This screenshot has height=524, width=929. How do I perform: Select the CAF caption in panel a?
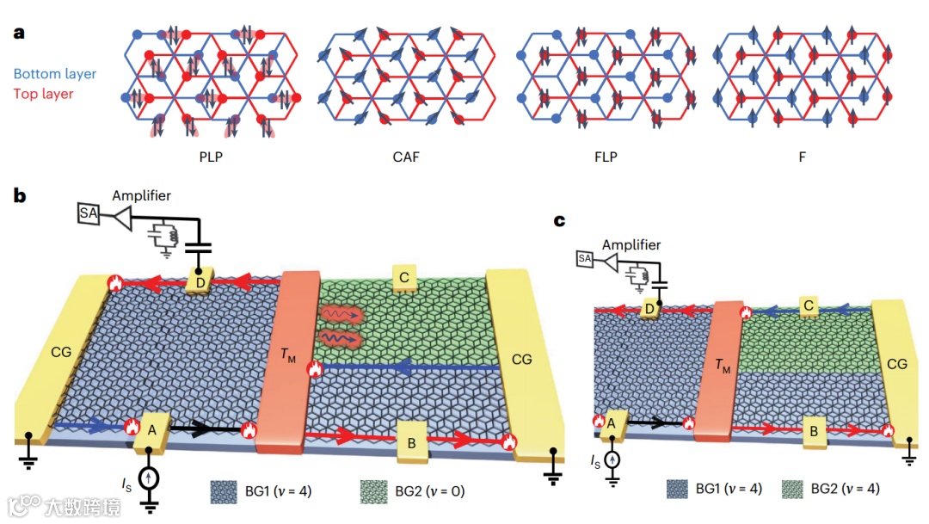point(405,157)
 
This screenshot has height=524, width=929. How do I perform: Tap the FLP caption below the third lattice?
point(606,157)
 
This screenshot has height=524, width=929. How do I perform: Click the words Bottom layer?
point(55,74)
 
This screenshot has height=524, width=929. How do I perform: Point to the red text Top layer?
point(43,94)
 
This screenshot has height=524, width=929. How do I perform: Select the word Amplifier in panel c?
point(631,245)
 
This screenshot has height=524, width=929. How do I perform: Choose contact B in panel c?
point(810,428)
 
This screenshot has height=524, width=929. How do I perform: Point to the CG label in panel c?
point(896,364)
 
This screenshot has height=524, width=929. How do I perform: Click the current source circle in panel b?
point(151,476)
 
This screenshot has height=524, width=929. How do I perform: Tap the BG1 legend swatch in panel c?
point(683,489)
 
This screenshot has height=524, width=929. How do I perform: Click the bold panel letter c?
point(560,220)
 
